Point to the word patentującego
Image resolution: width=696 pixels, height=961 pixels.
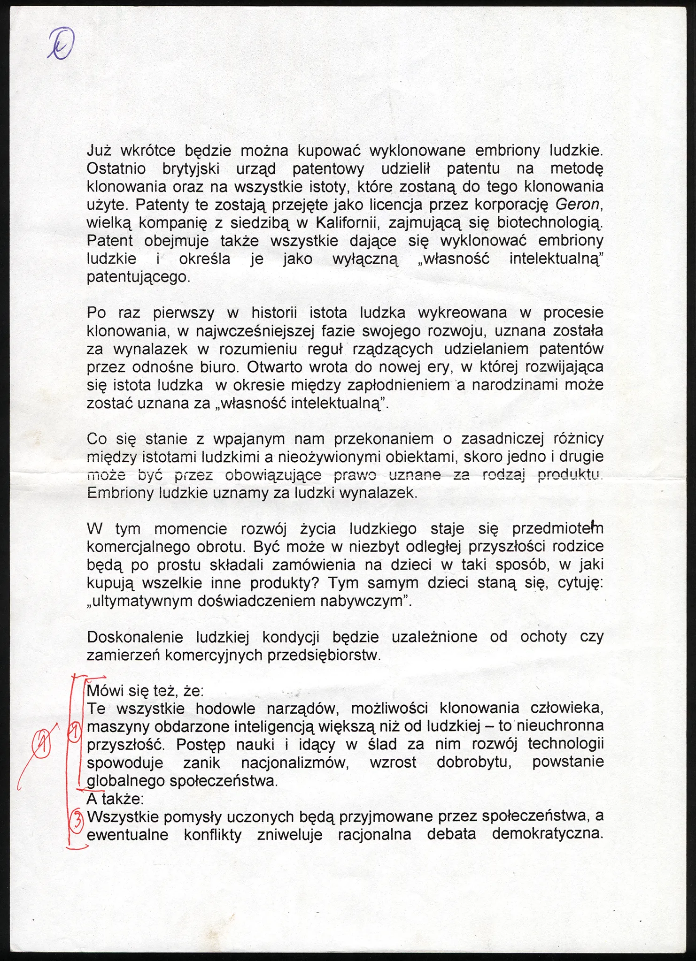point(139,277)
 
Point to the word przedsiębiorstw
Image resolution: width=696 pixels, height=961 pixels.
point(324,655)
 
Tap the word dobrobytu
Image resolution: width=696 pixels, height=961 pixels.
point(474,763)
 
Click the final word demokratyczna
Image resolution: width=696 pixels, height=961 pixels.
point(547,834)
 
